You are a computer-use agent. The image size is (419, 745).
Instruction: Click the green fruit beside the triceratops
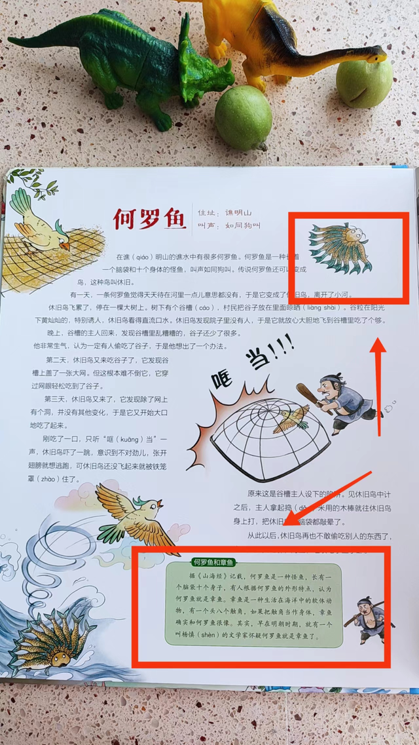pyautogui.click(x=243, y=118)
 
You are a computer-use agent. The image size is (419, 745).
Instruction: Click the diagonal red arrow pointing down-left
pyautogui.click(x=327, y=498)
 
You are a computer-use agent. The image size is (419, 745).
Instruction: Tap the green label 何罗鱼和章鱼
pyautogui.click(x=213, y=562)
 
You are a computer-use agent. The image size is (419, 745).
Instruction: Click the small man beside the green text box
pyautogui.click(x=372, y=619)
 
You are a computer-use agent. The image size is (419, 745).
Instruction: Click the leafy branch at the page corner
pyautogui.click(x=29, y=182)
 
